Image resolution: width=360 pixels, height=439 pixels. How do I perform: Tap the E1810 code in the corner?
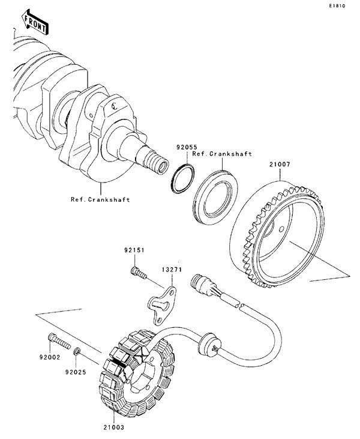coord(338,7)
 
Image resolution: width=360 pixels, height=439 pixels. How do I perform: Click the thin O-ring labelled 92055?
coord(181,178)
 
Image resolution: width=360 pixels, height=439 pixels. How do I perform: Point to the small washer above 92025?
coord(77,350)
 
